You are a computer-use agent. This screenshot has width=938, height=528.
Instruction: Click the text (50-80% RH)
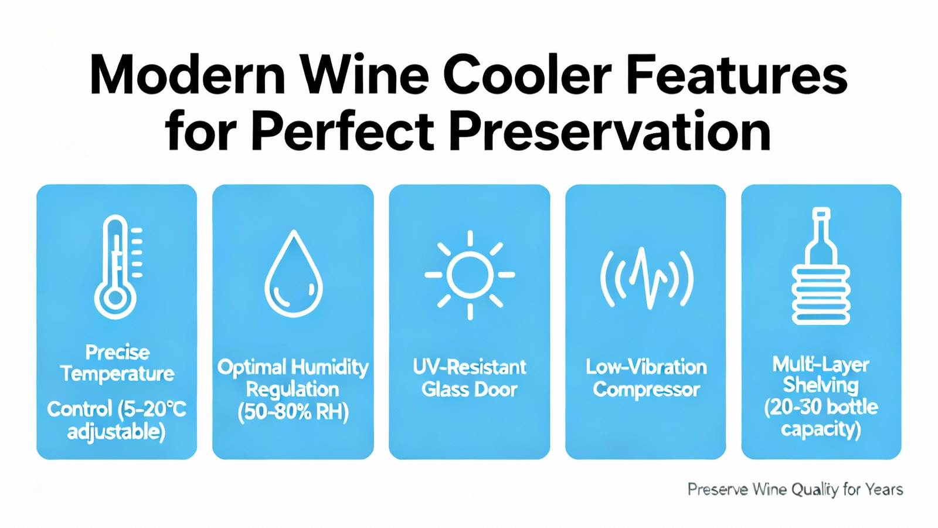(293, 413)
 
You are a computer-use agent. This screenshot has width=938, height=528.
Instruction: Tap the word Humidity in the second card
(331, 368)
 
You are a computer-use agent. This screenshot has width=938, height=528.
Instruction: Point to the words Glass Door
(470, 390)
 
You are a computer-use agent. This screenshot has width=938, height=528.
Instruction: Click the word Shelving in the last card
(821, 385)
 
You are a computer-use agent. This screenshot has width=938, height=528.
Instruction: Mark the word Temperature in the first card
(117, 374)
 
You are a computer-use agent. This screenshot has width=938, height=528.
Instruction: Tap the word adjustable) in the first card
(117, 432)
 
